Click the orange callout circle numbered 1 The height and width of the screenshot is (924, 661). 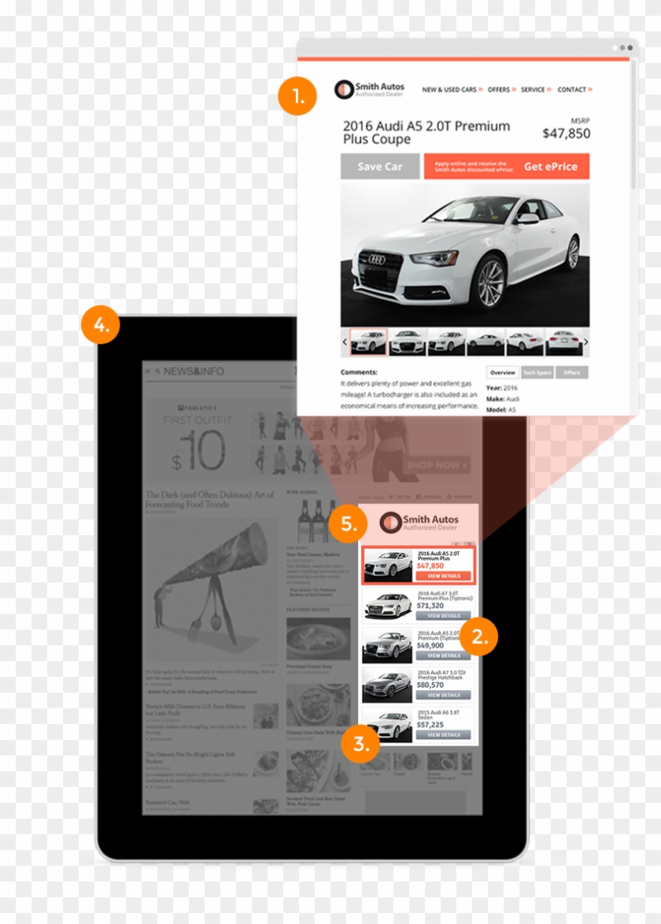tap(297, 98)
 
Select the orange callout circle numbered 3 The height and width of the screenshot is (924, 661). tap(360, 745)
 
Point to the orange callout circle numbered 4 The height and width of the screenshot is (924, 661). tap(100, 325)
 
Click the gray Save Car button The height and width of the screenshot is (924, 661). tap(380, 167)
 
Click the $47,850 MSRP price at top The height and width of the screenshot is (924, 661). tap(566, 134)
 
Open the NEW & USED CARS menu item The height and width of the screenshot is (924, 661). tap(450, 90)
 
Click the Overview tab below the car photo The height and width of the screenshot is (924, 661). tap(503, 372)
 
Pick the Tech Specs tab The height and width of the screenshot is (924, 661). tap(537, 372)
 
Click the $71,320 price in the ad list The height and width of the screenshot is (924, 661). tap(430, 606)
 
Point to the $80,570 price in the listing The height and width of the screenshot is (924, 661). tap(430, 686)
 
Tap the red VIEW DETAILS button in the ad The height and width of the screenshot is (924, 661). tap(444, 576)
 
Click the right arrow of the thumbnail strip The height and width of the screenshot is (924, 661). tap(585, 342)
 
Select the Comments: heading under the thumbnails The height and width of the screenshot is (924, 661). tap(359, 372)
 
